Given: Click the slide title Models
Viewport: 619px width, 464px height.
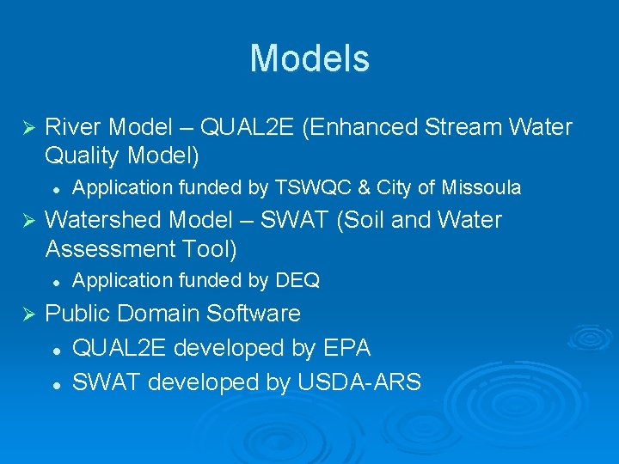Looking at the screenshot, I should [309, 59].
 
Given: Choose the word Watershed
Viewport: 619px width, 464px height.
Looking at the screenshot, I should [102, 220].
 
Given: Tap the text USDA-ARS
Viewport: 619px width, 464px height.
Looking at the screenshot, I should [359, 382].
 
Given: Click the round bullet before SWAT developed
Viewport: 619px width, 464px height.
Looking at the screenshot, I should [54, 383].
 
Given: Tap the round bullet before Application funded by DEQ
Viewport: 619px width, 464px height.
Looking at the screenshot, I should [54, 281].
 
